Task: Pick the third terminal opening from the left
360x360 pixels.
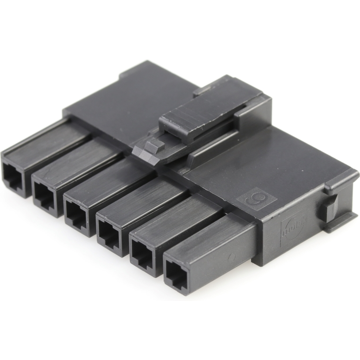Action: tap(75, 213)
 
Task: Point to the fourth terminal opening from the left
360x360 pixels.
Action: tap(108, 233)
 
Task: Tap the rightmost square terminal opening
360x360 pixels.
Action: tap(175, 273)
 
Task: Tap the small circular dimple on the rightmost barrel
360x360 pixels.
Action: tap(231, 257)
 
